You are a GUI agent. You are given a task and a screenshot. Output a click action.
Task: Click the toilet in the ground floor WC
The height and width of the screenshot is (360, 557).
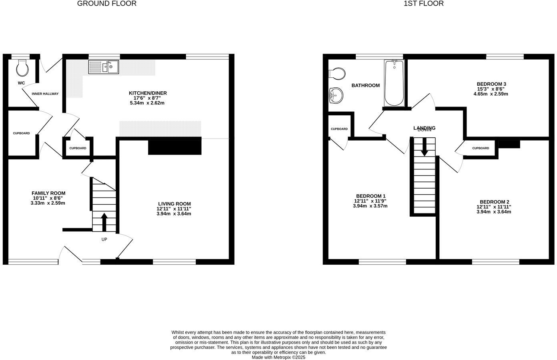click(22, 68)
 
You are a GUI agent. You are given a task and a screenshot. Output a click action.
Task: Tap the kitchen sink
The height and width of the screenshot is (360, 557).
click(104, 67)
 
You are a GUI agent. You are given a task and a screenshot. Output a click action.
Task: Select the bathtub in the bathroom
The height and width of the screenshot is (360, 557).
click(394, 83)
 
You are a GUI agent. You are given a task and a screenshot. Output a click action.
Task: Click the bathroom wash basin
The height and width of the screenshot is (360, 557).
click(335, 95)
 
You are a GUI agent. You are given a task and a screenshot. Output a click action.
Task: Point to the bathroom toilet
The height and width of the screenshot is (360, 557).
click(337, 74)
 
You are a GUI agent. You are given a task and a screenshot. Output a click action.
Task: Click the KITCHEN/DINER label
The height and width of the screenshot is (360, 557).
click(150, 93)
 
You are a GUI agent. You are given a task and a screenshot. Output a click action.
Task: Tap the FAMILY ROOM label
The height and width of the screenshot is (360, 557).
click(48, 193)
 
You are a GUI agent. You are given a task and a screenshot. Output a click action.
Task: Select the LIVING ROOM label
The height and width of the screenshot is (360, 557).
click(174, 203)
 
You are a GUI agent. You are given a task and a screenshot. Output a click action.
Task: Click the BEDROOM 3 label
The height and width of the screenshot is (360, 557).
click(491, 84)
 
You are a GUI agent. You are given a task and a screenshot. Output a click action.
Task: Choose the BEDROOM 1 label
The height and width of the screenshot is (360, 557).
click(370, 196)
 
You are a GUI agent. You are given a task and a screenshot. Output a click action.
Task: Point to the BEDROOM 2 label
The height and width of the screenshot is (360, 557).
click(494, 202)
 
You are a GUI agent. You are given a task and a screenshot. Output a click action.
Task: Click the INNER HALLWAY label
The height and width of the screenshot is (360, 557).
click(45, 94)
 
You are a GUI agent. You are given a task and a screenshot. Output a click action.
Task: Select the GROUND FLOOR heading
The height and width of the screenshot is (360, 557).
click(106, 4)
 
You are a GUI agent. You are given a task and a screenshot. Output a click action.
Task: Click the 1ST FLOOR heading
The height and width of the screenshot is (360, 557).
click(424, 4)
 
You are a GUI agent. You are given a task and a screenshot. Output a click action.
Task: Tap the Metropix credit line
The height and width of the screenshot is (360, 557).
click(278, 357)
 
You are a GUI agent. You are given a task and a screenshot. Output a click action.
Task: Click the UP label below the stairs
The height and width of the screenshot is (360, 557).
click(104, 239)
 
